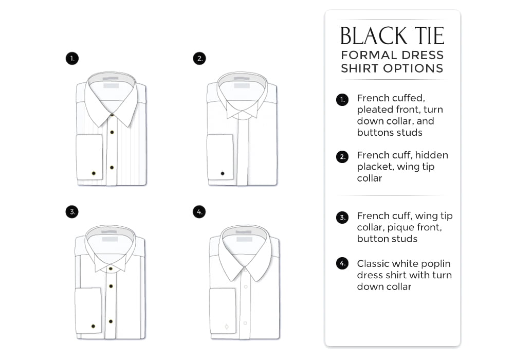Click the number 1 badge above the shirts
pos(72,59)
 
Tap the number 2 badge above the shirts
pos(199,59)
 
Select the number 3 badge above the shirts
pos(72,212)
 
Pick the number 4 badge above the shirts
pos(199,212)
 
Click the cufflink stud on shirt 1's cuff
pos(94,173)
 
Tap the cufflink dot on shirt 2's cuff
pos(223,173)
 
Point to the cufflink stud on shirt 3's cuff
pos(94,326)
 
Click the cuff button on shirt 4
pos(227,327)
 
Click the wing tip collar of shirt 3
pos(111,263)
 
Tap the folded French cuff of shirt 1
pos(89,157)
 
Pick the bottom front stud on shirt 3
pos(111,321)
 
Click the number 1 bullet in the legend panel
pos(342,100)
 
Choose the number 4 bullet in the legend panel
pos(342,263)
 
